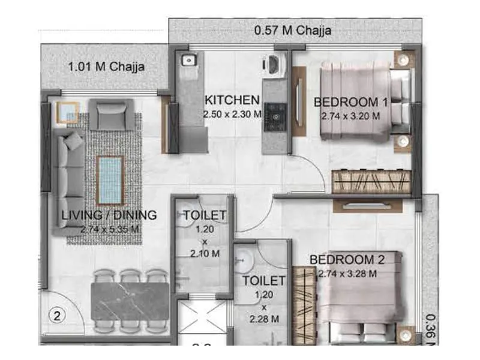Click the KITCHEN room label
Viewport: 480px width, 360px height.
(x=232, y=100)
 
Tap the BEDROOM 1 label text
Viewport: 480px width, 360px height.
(x=351, y=102)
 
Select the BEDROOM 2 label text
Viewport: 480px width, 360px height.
(x=347, y=260)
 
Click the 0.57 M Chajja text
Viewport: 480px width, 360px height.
(x=293, y=29)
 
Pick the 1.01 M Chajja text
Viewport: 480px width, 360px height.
(x=106, y=66)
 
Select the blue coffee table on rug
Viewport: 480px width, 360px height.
(x=110, y=179)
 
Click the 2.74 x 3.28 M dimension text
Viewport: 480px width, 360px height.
(x=347, y=274)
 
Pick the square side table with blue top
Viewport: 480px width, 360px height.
(x=68, y=113)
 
